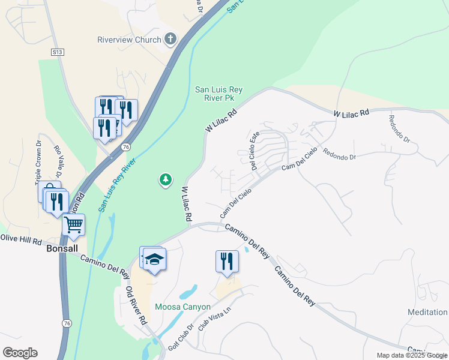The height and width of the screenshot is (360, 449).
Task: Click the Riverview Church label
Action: (x=129, y=40)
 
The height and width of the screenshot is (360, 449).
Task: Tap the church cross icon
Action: (x=170, y=40)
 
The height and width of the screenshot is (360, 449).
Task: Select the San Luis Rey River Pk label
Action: (x=218, y=94)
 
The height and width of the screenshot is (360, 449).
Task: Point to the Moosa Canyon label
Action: (x=182, y=307)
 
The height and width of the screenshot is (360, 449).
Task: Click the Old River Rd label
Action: (x=136, y=305)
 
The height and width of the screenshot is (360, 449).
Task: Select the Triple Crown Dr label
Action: (x=37, y=162)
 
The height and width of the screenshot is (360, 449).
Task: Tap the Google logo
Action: (x=20, y=353)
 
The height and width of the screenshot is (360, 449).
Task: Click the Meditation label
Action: (x=427, y=313)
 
